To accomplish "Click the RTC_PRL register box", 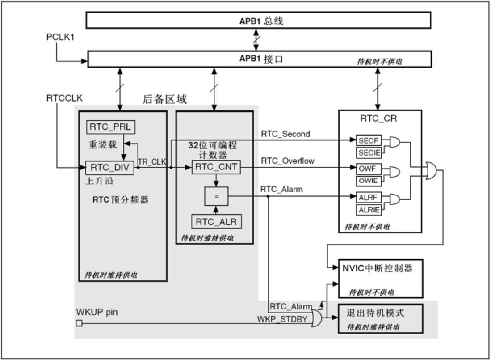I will click(x=110, y=127).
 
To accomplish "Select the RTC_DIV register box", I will click(x=109, y=168).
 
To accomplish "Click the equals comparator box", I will click(x=216, y=196).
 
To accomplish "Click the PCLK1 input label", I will click(x=60, y=37).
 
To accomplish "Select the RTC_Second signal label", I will click(x=285, y=133).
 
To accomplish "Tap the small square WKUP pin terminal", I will click(x=79, y=323).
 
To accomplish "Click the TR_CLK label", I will click(x=153, y=162).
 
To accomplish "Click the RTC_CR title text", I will click(x=378, y=119).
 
